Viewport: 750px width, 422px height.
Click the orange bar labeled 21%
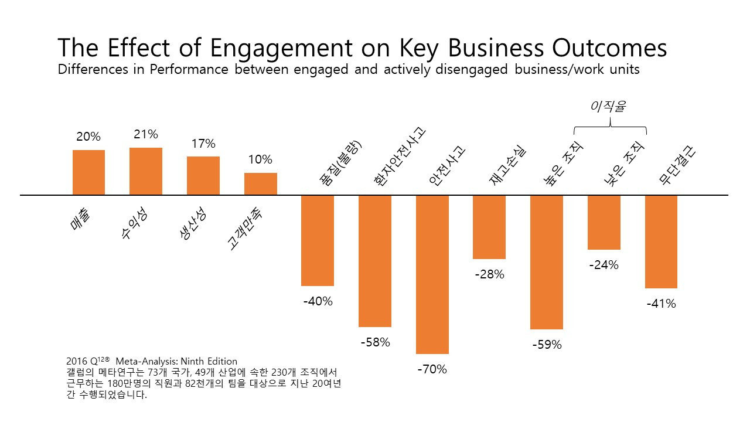[146, 171]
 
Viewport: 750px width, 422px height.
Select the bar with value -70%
[432, 274]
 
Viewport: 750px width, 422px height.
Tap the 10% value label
[260, 159]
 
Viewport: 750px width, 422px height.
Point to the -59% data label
[547, 345]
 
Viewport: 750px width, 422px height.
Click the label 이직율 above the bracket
[609, 107]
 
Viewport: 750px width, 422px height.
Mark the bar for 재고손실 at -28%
[489, 227]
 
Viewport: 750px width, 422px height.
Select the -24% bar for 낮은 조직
[604, 222]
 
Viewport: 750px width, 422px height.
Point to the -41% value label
[661, 304]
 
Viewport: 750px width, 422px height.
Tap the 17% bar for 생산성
[203, 175]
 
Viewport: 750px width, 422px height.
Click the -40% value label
[318, 301]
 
